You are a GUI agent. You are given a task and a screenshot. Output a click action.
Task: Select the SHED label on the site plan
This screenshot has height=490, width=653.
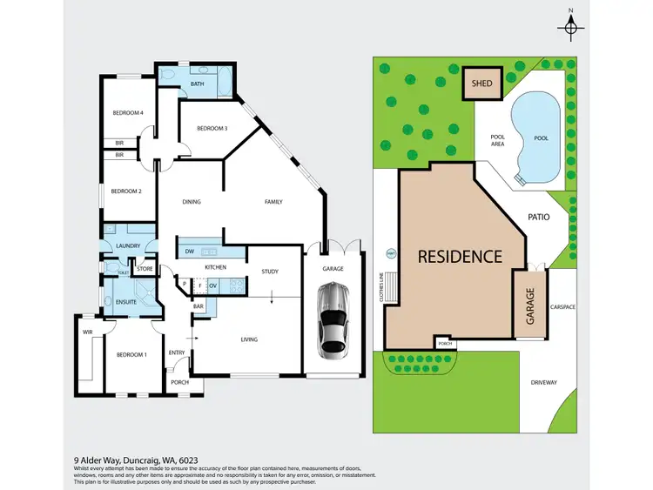point(481,84)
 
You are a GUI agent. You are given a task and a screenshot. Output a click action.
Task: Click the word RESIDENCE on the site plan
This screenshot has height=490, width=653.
point(460,257)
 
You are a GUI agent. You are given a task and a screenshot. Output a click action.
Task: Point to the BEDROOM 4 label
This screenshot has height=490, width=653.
point(127,113)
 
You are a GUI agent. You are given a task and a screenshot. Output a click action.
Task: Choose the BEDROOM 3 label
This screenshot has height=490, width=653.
point(212,129)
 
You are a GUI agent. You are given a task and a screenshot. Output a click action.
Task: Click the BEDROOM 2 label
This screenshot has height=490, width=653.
point(126,191)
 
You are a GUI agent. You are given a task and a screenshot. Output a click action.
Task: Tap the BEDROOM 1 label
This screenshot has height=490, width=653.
point(132,354)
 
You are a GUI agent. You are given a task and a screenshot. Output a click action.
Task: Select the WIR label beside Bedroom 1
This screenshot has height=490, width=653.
point(87,332)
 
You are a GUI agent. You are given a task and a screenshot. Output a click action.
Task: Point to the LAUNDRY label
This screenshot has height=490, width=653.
point(127,246)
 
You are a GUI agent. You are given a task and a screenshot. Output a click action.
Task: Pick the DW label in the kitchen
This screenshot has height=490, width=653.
point(191,252)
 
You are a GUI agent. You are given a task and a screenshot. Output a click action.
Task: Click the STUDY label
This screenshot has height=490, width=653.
point(270,272)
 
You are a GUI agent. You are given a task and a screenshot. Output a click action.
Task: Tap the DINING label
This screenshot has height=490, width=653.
point(192,202)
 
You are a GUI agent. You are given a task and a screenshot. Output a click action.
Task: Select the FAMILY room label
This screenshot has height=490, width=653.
point(273,202)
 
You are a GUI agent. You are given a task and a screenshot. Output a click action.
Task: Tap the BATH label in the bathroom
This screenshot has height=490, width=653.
point(197,84)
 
